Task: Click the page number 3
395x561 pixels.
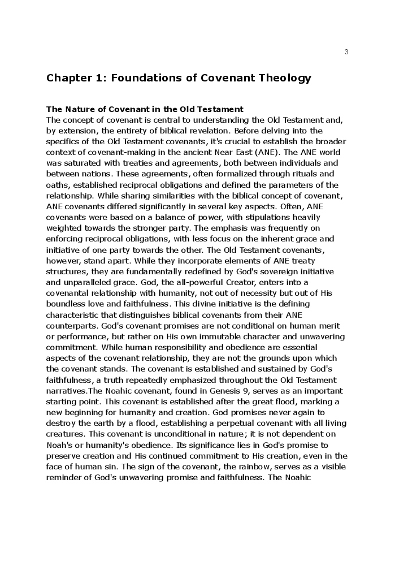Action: pyautogui.click(x=346, y=53)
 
